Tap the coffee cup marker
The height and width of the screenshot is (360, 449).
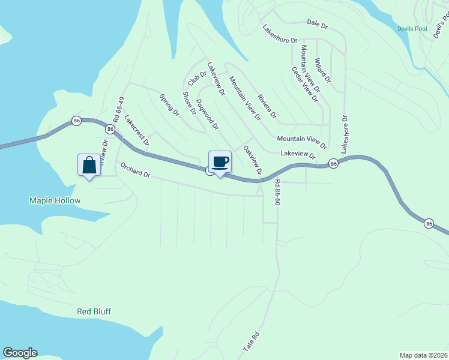(220, 161)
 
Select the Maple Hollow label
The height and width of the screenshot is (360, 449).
(55, 200)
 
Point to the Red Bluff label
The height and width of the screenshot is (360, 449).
(94, 311)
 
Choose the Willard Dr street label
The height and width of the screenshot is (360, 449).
(322, 70)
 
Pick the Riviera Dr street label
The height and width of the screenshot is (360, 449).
(267, 106)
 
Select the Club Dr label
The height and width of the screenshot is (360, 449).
(197, 78)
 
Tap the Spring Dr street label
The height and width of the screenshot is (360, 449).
(169, 104)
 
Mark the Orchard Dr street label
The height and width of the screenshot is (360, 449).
(135, 170)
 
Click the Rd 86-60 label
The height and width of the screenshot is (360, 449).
(277, 193)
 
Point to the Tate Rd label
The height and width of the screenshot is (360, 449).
(255, 342)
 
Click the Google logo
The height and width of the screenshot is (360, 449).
(20, 353)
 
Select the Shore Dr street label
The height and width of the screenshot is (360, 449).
(189, 103)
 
